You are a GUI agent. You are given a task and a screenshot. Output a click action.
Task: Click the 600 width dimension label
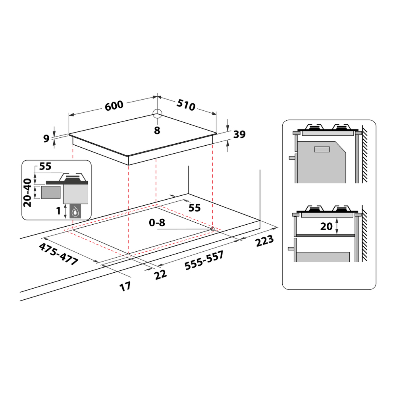point(114,105)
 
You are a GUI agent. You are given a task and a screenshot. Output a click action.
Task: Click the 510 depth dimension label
point(186,105)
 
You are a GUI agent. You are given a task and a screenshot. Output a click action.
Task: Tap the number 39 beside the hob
point(239,134)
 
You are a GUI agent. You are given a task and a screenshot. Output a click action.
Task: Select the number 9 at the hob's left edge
point(46,139)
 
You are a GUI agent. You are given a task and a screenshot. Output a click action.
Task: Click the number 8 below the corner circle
point(157,130)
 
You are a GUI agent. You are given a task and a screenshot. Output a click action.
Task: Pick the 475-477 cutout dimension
point(58,254)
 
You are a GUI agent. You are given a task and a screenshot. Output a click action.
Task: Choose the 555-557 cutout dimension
point(204,260)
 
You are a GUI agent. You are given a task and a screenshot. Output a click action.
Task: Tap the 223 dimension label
point(264,241)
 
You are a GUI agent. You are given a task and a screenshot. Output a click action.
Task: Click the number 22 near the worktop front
point(160,274)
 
